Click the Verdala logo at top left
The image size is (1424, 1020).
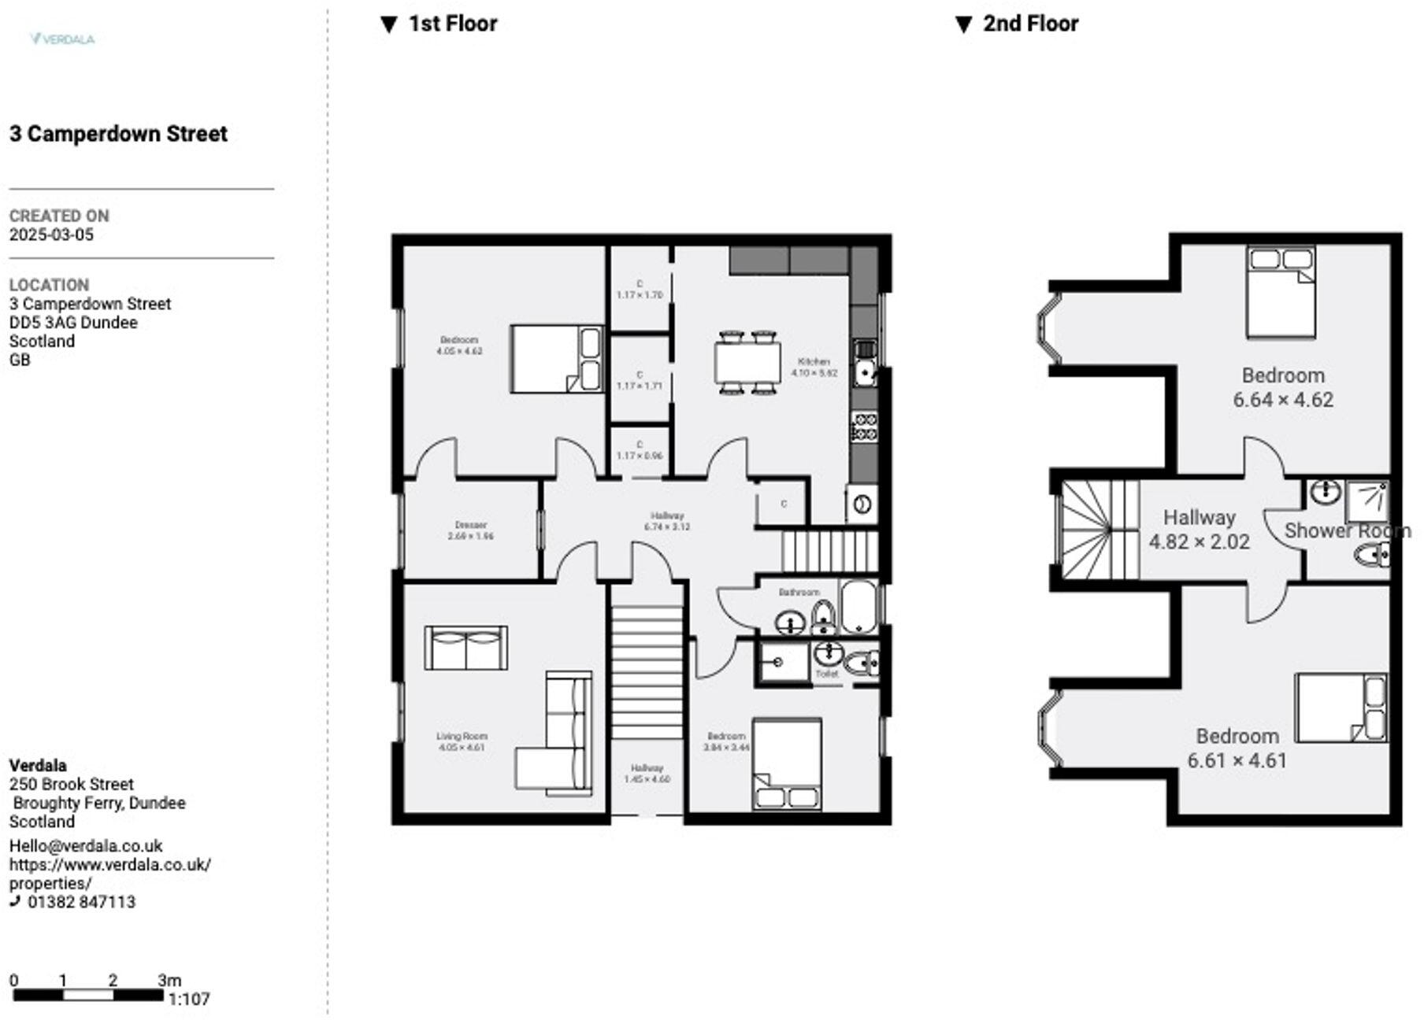click(x=62, y=39)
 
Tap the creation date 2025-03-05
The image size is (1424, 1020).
click(x=51, y=235)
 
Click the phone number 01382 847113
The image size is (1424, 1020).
click(x=81, y=902)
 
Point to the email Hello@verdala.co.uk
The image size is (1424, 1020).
click(x=86, y=846)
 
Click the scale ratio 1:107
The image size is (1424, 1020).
click(x=190, y=1000)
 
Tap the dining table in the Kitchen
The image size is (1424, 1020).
click(x=747, y=362)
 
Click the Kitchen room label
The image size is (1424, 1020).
click(x=814, y=367)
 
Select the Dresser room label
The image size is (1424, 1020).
click(x=470, y=530)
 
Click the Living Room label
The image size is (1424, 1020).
click(x=462, y=741)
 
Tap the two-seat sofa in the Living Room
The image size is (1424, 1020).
click(x=465, y=648)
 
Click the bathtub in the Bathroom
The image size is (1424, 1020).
click(x=858, y=607)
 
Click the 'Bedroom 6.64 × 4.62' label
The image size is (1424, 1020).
click(x=1283, y=387)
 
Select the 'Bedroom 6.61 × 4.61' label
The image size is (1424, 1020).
click(x=1237, y=748)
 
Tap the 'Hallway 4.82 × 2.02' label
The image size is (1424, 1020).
click(x=1199, y=530)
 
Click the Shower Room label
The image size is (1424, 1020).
click(x=1346, y=530)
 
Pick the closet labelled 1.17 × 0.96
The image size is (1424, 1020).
click(x=640, y=450)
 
